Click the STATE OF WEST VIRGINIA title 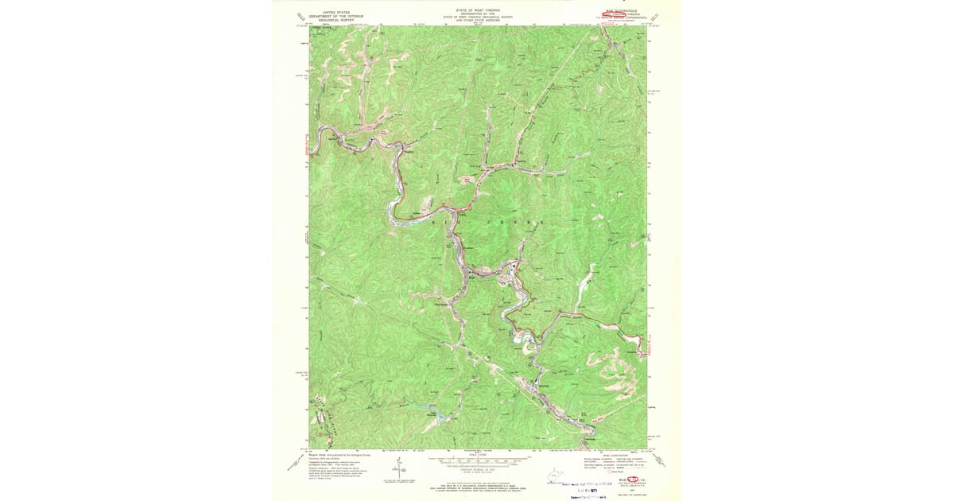tap(477, 10)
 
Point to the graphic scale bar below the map tap(477, 459)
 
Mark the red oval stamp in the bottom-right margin tap(636, 480)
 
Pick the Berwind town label tap(544, 386)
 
